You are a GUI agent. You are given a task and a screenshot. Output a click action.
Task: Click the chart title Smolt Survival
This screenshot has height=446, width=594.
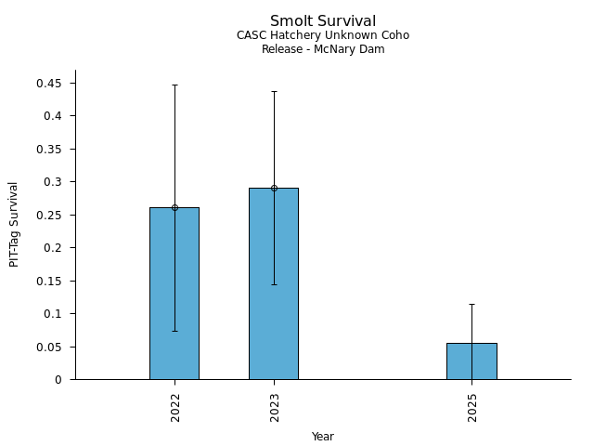tap(323, 21)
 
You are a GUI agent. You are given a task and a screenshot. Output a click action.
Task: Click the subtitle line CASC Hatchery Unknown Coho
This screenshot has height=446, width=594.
tap(323, 35)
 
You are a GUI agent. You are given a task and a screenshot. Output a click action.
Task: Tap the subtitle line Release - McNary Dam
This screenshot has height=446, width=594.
tap(323, 49)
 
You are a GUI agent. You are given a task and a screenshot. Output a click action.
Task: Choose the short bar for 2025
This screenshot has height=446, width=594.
tap(471, 361)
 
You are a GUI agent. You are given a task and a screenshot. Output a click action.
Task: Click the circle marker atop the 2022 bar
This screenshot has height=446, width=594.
tap(174, 207)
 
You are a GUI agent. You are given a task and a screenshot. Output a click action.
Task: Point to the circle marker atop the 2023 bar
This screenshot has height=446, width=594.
tap(274, 188)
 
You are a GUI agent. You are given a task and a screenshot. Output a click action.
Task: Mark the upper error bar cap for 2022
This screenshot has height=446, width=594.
tap(174, 85)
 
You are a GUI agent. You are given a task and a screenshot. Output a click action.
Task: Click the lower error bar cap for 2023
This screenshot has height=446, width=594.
tap(274, 284)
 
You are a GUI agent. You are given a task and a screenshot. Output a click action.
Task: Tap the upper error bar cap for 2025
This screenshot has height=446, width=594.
tap(471, 304)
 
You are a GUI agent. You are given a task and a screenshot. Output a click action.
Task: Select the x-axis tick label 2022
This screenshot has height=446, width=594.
tap(174, 407)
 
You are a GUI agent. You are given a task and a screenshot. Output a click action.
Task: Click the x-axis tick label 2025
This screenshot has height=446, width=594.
tap(471, 407)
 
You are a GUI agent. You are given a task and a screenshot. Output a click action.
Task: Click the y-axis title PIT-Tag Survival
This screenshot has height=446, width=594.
tap(14, 224)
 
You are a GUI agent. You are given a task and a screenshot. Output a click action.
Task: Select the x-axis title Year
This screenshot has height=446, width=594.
tap(323, 437)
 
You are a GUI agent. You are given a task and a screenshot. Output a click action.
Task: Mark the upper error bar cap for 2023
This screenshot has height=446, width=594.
tap(274, 91)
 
